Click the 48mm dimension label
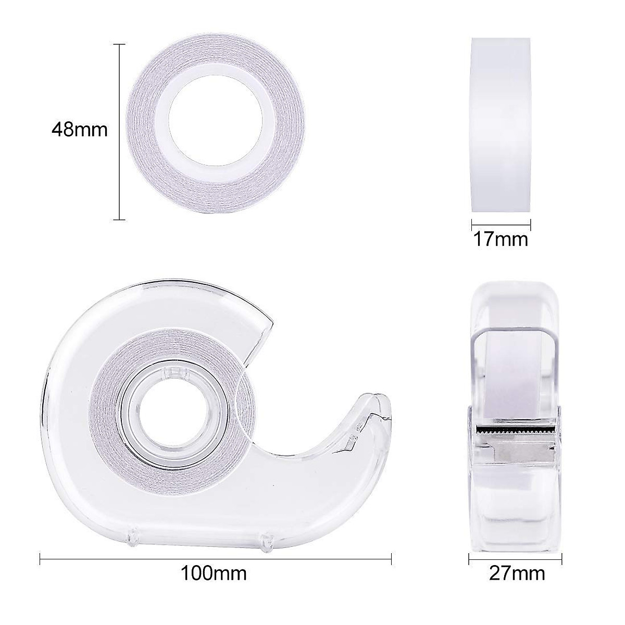[x=80, y=129]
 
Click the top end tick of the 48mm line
[x=120, y=45]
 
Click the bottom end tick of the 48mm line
[x=120, y=220]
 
